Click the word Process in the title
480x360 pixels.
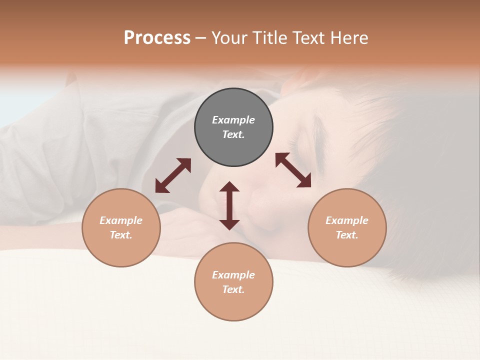point(157,38)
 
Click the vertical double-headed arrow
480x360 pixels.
point(229,205)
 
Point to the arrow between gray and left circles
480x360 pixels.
point(173,175)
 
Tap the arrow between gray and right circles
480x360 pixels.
point(293,170)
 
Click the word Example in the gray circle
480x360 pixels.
point(233,120)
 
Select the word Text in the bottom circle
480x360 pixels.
point(232,289)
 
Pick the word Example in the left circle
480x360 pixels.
point(121,220)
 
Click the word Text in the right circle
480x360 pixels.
point(346,235)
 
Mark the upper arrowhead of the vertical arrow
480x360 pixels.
point(229,187)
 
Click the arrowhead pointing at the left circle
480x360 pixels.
point(161,186)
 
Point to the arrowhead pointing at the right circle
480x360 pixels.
point(304,181)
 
